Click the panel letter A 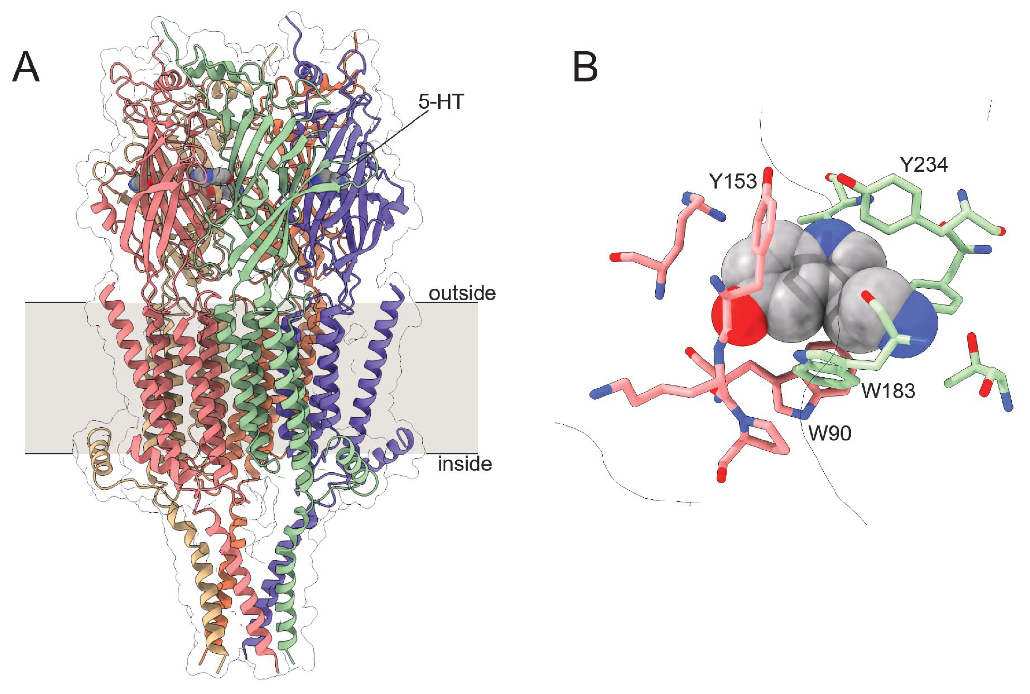26,67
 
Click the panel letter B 585,67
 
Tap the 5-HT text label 441,102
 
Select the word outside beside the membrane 462,293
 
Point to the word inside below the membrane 465,464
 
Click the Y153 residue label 733,181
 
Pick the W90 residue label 830,433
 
